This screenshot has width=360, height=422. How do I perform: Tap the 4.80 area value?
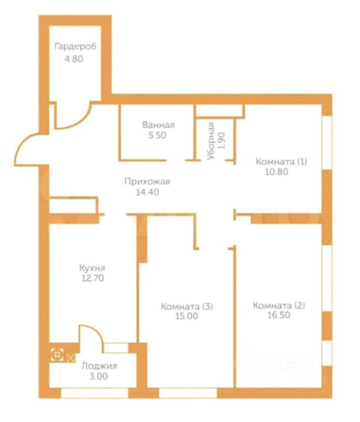click(x=74, y=59)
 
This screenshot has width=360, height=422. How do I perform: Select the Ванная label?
click(x=159, y=125)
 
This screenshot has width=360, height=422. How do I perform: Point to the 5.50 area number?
click(x=157, y=135)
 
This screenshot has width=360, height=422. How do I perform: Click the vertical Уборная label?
click(x=211, y=141)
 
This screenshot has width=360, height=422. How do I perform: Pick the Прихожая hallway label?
click(x=147, y=182)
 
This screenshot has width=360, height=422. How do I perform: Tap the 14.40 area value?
click(x=147, y=192)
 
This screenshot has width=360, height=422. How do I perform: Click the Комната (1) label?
click(x=281, y=162)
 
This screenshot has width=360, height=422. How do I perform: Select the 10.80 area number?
click(x=276, y=172)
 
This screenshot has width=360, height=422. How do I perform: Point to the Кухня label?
click(x=92, y=268)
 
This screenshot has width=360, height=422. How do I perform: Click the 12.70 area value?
click(x=93, y=278)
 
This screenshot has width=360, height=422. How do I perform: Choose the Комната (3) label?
click(x=187, y=306)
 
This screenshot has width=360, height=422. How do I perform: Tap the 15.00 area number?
click(x=187, y=316)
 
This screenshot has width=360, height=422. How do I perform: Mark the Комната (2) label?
click(x=279, y=306)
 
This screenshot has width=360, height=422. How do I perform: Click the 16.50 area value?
click(x=279, y=315)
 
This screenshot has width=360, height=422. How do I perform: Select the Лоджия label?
click(x=99, y=366)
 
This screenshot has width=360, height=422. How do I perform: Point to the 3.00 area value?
click(x=99, y=376)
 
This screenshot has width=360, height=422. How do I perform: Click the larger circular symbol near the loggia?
click(x=57, y=355)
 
